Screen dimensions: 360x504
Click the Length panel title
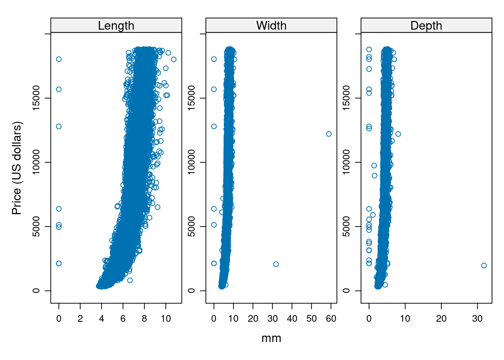(116, 25)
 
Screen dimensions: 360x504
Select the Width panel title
(271, 25)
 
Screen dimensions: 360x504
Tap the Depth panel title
(426, 25)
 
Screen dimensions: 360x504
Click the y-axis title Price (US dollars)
(17, 168)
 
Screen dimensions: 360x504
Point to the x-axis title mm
(271, 338)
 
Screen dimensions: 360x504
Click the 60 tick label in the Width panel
(331, 319)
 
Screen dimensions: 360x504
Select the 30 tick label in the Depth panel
(477, 319)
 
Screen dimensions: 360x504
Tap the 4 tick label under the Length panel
(102, 319)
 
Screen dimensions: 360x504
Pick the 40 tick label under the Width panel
(292, 319)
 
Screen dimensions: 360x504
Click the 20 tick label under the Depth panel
(441, 319)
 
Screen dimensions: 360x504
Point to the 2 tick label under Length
(80, 319)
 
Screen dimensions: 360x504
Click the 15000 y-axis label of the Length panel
(36, 98)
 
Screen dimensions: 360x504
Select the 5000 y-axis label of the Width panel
(191, 226)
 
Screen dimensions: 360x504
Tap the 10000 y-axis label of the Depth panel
(346, 162)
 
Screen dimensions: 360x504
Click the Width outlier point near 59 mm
(329, 134)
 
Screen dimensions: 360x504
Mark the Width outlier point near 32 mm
(276, 264)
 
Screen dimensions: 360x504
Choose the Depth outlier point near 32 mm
(484, 265)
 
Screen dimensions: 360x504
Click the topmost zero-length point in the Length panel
(59, 59)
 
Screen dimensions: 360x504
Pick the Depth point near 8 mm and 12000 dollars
(398, 134)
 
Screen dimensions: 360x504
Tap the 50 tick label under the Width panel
(312, 319)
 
